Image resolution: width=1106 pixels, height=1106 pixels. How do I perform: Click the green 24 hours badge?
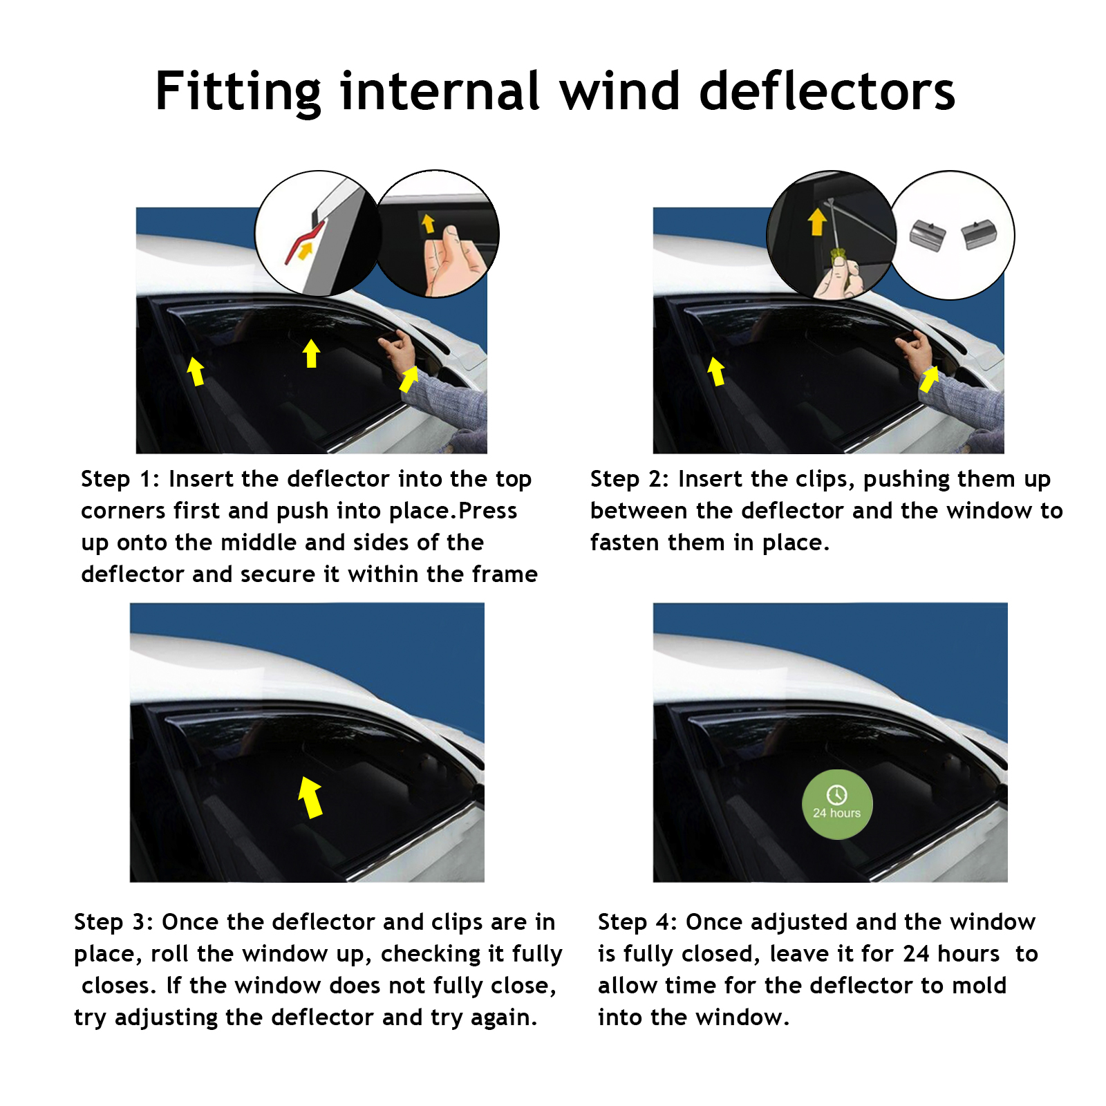tap(837, 805)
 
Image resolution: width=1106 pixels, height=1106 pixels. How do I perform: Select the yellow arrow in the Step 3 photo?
tap(310, 797)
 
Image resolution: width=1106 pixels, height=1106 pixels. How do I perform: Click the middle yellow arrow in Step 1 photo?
tap(312, 353)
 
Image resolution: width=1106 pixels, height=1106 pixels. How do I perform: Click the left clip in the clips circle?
tap(927, 234)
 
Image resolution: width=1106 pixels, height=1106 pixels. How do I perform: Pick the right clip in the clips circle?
tap(980, 233)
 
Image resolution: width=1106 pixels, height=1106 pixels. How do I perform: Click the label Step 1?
tap(120, 478)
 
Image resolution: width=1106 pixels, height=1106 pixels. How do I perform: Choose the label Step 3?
tap(113, 921)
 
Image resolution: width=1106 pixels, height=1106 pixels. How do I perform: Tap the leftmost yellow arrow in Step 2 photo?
tap(716, 371)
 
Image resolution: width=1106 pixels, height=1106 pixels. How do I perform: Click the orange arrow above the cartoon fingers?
tap(429, 223)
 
